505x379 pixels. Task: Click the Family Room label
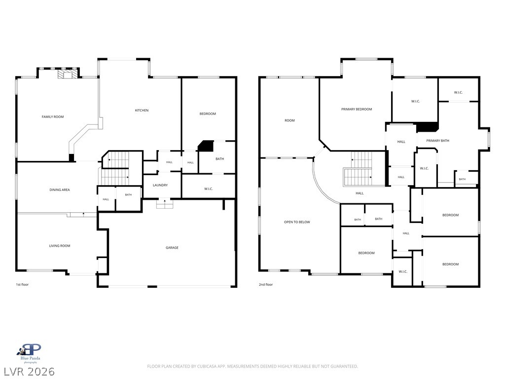[53, 116]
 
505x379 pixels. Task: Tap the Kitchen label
[142, 110]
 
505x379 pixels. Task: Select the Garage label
[172, 248]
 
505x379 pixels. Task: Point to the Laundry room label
[160, 186]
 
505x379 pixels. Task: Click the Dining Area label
[60, 190]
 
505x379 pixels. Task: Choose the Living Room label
[60, 246]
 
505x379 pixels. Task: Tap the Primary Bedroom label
[357, 109]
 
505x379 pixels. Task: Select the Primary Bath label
[438, 141]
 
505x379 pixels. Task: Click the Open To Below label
[297, 222]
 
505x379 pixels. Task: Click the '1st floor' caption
[22, 285]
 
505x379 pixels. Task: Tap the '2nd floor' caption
[266, 285]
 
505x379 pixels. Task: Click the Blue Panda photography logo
[30, 353]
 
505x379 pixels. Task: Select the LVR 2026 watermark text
[28, 372]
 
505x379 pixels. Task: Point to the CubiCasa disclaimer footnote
[252, 367]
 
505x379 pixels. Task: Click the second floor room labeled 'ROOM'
[289, 120]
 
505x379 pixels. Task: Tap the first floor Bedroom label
[208, 114]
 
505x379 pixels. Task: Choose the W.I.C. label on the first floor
[209, 189]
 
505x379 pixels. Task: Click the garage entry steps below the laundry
[165, 204]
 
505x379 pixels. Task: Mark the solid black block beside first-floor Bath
[206, 146]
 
